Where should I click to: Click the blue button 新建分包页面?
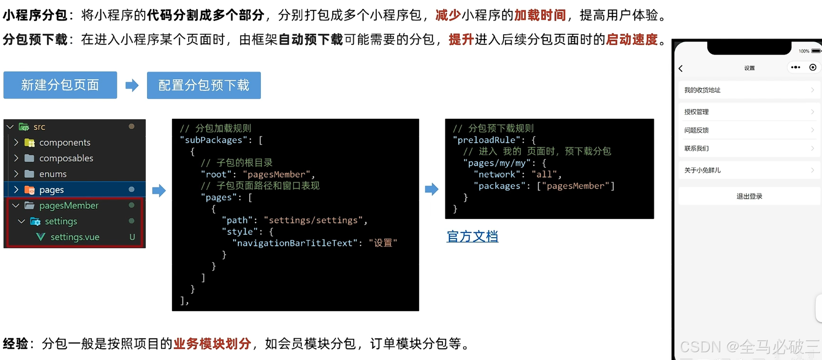tap(60, 85)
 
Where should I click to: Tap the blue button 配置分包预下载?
tap(204, 85)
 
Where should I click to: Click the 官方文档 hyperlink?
tap(472, 237)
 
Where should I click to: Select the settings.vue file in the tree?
tap(75, 237)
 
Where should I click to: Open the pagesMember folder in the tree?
tap(69, 206)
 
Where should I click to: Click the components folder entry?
tap(65, 142)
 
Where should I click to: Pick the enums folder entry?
tap(53, 174)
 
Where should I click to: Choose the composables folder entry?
tap(66, 158)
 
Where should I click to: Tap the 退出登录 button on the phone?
tap(749, 196)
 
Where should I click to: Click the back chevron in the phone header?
tap(681, 68)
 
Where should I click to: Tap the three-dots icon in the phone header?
tap(795, 67)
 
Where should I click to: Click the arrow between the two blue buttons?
tap(132, 85)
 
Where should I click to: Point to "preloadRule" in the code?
tap(486, 140)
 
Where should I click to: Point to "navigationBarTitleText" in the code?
tap(295, 243)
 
